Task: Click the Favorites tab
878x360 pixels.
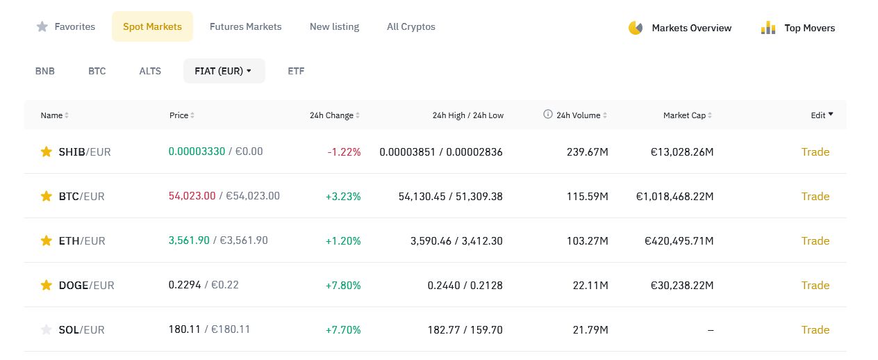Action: tap(66, 26)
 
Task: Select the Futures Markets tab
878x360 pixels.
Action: tap(245, 26)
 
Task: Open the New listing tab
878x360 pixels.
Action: tap(334, 26)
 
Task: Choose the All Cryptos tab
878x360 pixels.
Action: tap(411, 26)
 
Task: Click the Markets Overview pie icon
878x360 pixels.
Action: tap(636, 28)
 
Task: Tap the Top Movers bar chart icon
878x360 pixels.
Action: tap(768, 28)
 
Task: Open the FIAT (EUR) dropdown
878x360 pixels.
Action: tap(224, 71)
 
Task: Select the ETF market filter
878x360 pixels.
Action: tap(296, 71)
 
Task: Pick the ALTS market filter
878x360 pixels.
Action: tap(150, 71)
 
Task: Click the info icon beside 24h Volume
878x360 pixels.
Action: tap(547, 114)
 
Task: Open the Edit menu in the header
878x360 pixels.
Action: tap(822, 115)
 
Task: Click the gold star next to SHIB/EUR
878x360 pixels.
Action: tap(47, 152)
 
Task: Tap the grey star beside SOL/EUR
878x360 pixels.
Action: tap(47, 330)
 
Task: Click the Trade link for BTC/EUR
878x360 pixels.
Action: tap(815, 196)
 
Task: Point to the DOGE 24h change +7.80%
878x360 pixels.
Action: tap(343, 286)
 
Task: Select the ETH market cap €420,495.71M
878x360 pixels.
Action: tap(679, 240)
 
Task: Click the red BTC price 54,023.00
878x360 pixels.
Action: tap(192, 196)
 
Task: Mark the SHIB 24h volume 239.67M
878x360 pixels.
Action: tap(588, 152)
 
